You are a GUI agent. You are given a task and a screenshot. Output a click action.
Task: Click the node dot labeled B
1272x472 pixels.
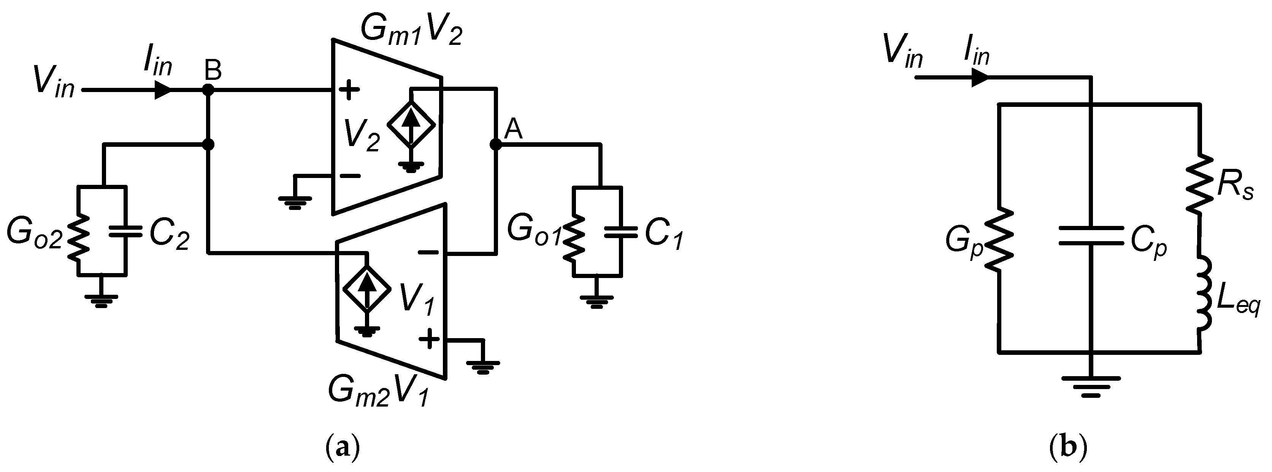click(208, 91)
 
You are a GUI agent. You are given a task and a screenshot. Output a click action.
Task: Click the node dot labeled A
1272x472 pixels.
click(495, 144)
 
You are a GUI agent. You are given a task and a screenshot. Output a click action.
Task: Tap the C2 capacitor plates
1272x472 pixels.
click(125, 231)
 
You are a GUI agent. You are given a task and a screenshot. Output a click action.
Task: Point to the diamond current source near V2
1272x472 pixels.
click(411, 124)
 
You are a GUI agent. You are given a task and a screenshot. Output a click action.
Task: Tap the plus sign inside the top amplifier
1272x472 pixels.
click(349, 91)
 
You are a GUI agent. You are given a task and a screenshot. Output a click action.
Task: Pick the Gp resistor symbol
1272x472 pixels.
click(998, 240)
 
